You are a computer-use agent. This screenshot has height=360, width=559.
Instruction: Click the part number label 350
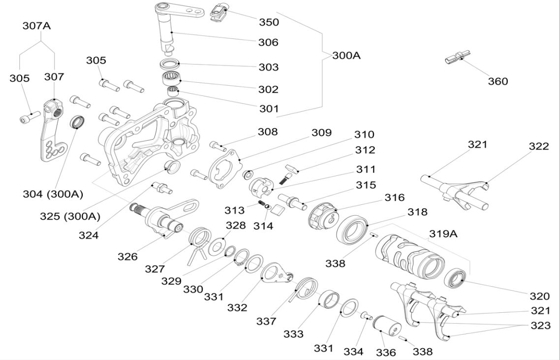(269, 22)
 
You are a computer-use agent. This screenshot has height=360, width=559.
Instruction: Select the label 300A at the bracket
(346, 56)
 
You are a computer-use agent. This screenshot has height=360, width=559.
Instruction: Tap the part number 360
(497, 81)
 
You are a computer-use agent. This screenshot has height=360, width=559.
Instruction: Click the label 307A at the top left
(36, 26)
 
